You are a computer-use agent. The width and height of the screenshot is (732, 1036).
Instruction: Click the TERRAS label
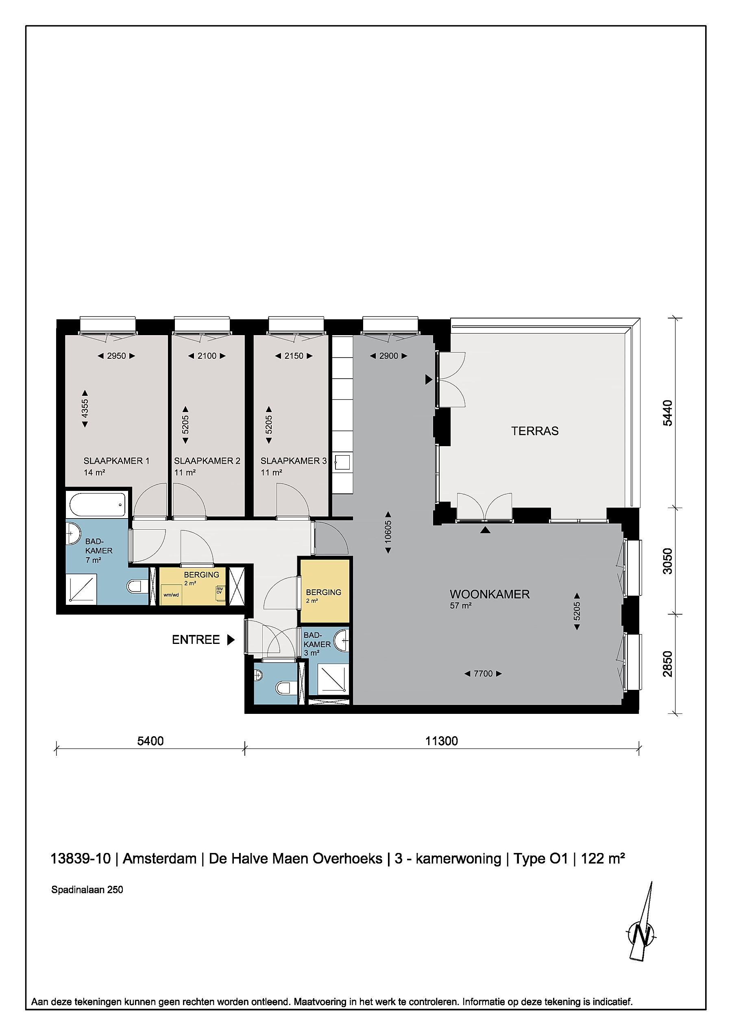(x=534, y=431)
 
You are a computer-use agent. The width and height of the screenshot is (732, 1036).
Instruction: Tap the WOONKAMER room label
(x=489, y=594)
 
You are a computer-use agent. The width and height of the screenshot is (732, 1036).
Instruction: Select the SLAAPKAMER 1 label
(x=116, y=461)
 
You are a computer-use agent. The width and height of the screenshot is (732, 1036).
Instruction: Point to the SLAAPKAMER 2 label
(x=207, y=461)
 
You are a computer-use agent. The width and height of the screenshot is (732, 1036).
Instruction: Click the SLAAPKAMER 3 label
(x=294, y=461)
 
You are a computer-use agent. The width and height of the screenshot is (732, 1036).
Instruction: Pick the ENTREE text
(x=196, y=639)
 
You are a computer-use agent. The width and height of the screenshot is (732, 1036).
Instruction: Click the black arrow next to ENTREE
(x=231, y=639)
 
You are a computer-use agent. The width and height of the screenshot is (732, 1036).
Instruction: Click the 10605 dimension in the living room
(x=388, y=532)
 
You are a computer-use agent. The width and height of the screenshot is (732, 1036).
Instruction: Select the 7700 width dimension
(x=483, y=674)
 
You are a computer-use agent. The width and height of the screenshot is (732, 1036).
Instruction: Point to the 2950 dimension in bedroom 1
(x=116, y=356)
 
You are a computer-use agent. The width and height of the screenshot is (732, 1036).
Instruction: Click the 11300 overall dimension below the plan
(x=442, y=741)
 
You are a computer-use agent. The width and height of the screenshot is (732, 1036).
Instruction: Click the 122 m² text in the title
(x=603, y=858)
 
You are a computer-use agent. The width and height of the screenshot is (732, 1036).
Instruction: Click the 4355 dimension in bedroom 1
(x=85, y=409)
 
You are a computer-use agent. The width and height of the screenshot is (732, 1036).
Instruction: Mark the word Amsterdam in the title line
(x=160, y=858)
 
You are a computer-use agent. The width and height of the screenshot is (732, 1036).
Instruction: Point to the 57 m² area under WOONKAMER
(x=460, y=606)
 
